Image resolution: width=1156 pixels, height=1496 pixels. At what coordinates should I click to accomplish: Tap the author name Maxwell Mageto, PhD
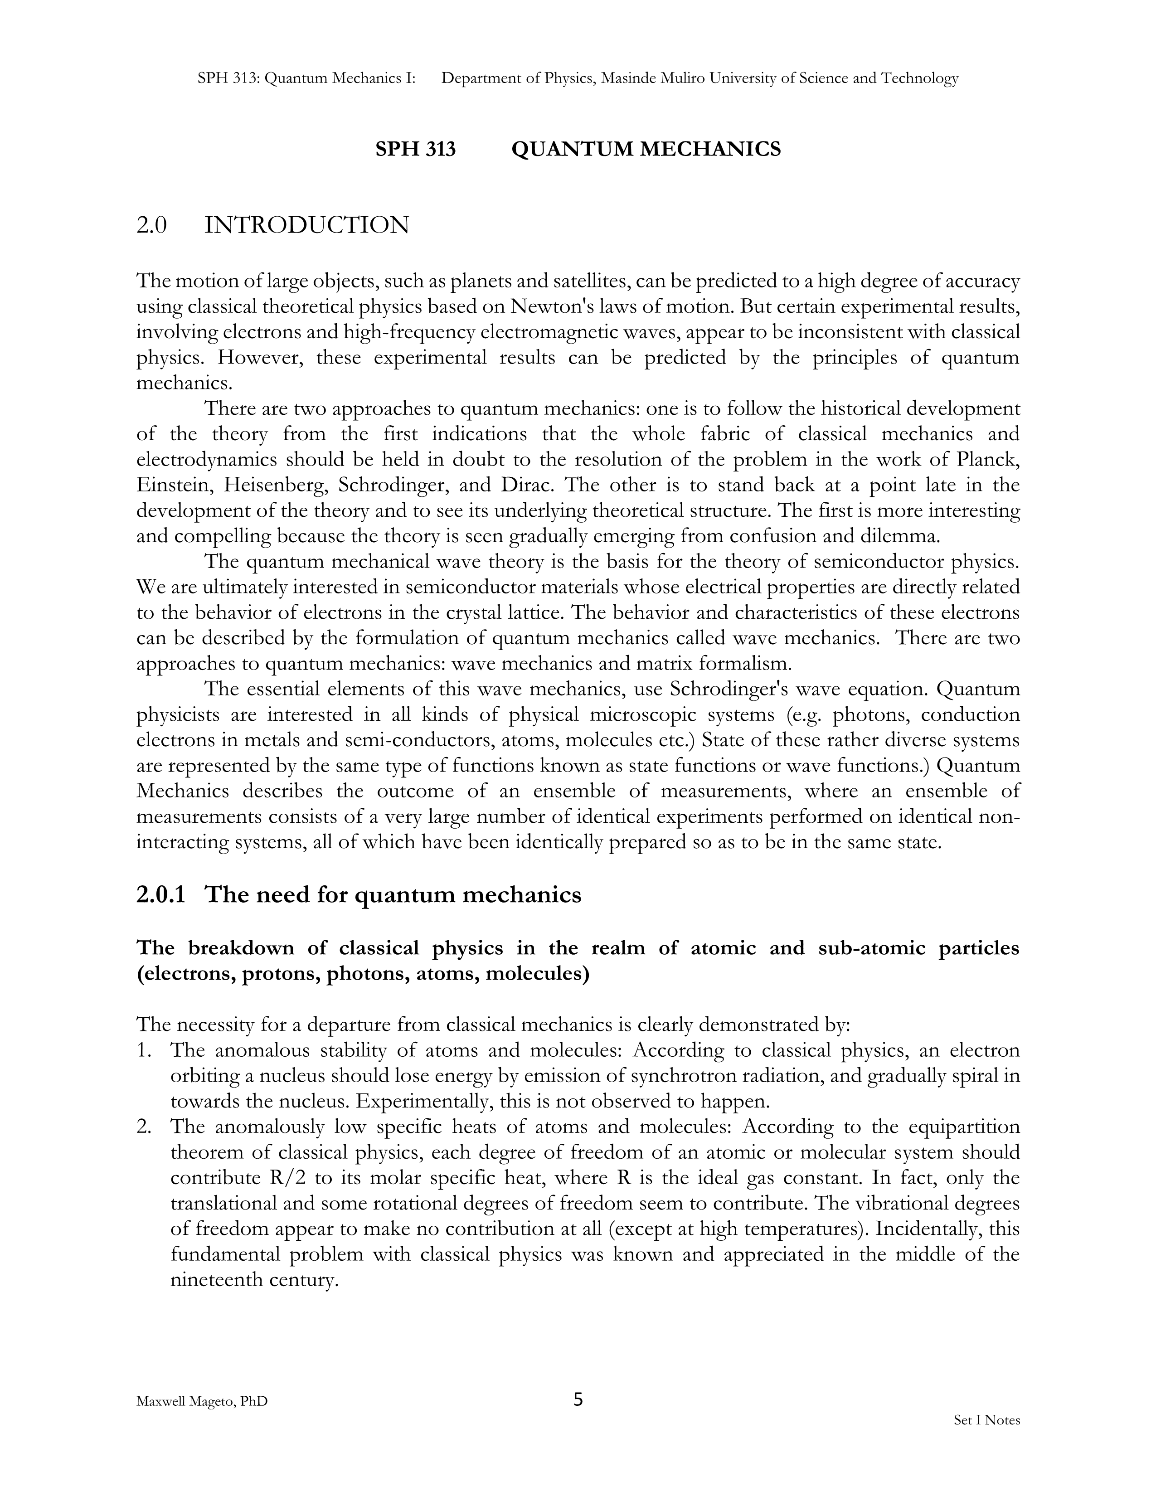pyautogui.click(x=202, y=1401)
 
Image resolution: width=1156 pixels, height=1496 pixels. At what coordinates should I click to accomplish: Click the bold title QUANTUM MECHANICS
pyautogui.click(x=646, y=149)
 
